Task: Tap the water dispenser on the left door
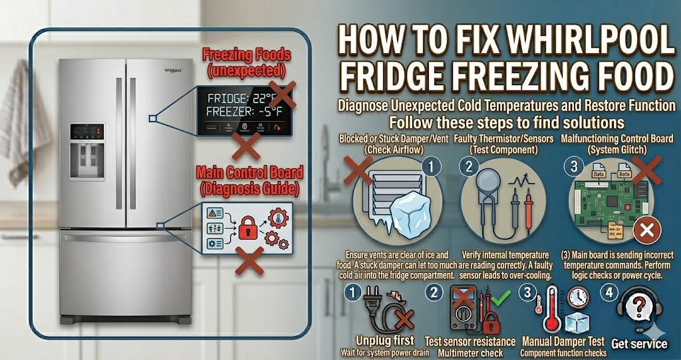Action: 87,159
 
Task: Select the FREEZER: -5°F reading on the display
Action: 243,111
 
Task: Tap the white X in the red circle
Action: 646,231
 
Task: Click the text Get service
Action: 639,343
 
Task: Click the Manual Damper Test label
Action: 562,341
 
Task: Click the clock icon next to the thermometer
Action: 579,297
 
